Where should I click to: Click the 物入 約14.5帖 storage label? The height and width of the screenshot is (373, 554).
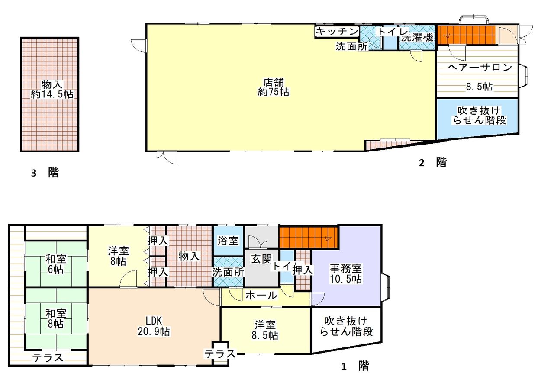point(52,89)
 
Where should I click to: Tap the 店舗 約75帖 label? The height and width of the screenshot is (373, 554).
point(273,87)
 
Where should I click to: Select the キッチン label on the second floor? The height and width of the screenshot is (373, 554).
point(337,32)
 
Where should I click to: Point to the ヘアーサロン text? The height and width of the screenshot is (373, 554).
point(480,67)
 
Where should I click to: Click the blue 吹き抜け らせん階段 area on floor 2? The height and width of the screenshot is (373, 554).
point(477,118)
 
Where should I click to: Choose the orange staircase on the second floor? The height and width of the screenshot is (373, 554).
point(467,35)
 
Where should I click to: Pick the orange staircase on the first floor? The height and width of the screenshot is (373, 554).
point(309,238)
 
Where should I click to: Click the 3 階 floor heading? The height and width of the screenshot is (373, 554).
point(45,173)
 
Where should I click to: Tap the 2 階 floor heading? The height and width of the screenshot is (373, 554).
point(432,163)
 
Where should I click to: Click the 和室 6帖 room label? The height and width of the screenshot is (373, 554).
point(56,264)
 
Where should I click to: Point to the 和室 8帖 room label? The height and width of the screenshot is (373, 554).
point(56,318)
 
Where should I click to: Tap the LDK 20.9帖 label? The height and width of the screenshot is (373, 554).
point(154,326)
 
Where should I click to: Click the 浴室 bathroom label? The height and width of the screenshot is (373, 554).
point(228,241)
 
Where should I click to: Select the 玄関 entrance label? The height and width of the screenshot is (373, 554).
point(261,258)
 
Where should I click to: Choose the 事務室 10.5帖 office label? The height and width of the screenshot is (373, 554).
point(345,273)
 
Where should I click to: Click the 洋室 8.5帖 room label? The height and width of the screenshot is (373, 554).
point(265,330)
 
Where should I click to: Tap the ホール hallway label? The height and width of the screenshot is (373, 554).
point(261,295)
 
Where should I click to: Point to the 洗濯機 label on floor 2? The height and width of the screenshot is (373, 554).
point(417,38)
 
